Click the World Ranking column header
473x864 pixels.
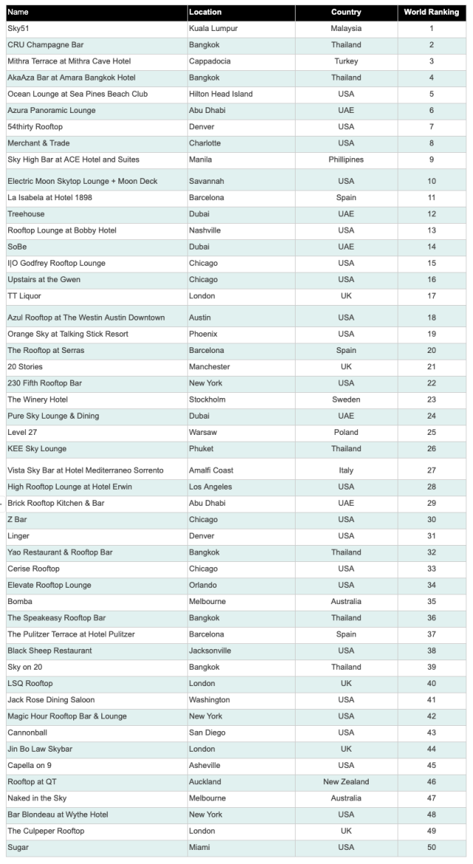(x=432, y=12)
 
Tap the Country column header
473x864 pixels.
(x=346, y=12)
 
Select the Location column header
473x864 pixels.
(x=205, y=12)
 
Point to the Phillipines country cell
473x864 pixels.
(x=346, y=160)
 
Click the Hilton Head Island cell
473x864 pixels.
(x=221, y=94)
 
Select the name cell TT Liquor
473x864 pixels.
(x=24, y=296)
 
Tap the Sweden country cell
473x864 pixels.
(x=346, y=400)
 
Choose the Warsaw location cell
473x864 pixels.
(x=203, y=432)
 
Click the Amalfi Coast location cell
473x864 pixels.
(x=211, y=470)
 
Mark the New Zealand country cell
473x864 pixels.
(x=346, y=781)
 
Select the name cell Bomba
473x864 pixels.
(x=19, y=601)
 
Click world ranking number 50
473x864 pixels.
(x=432, y=847)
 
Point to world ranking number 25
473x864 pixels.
(x=432, y=432)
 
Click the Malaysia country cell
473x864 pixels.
(x=346, y=28)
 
